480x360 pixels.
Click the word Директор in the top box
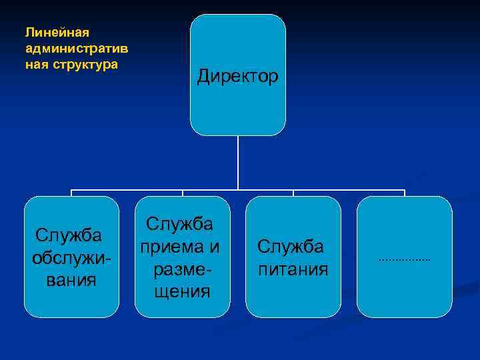pos(238,77)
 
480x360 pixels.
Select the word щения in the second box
pos(182,291)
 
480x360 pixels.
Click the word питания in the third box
pos(293,269)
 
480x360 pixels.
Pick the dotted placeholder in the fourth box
pos(405,258)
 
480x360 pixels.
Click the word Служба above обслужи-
pos(69,235)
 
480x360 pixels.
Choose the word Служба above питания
pos(291,247)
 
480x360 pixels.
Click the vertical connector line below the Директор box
pos(238,163)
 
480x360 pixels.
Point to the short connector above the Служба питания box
pos(293,193)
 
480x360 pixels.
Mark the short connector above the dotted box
pos(405,193)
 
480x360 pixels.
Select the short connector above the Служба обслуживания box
pos(71,193)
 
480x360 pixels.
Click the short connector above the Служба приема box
pos(182,193)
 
